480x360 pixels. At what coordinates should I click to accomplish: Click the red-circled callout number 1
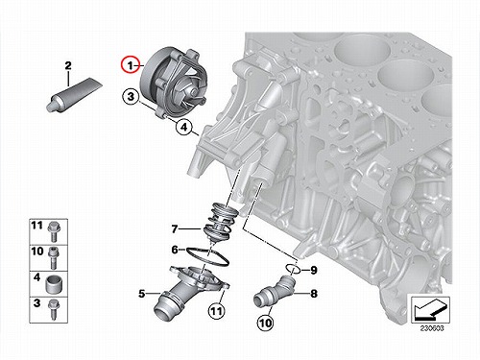[131, 65]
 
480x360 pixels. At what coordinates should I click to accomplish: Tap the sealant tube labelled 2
[74, 95]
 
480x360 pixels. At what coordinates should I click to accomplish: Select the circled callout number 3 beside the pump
[131, 97]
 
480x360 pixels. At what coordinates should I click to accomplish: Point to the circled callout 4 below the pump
[183, 127]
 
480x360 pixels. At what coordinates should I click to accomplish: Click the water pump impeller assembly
[173, 84]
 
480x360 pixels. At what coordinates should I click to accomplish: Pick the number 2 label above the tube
[68, 66]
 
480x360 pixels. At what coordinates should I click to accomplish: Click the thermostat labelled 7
[221, 221]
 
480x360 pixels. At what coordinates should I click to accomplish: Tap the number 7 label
[175, 229]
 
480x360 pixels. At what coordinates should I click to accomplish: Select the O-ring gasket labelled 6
[207, 256]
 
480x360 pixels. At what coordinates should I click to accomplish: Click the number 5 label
[142, 294]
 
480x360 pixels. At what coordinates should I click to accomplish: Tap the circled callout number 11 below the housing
[216, 310]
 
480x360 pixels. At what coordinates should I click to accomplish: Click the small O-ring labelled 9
[293, 268]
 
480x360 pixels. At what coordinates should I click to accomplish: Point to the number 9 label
[314, 271]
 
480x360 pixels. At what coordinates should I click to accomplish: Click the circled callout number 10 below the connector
[265, 323]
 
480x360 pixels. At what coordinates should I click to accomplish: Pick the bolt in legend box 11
[53, 231]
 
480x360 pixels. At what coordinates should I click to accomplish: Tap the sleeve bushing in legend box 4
[54, 284]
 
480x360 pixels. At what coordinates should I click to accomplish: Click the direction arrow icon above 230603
[430, 310]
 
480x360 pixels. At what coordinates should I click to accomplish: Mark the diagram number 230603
[432, 328]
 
